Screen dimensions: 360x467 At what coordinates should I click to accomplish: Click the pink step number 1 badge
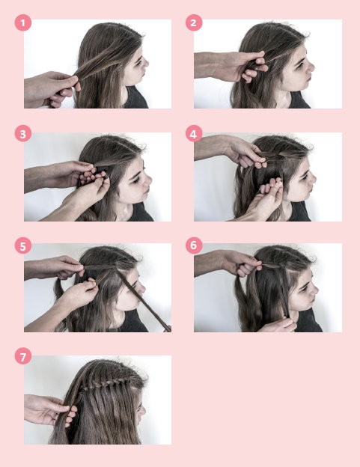click(x=23, y=22)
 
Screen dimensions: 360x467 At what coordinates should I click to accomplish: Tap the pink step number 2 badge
click(x=194, y=22)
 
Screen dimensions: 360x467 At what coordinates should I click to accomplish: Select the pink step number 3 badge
click(x=23, y=134)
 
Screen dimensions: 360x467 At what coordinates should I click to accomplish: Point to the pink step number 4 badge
click(x=194, y=134)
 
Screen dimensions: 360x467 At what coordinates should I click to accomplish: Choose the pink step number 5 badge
click(x=23, y=245)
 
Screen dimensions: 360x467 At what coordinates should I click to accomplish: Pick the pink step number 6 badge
click(x=194, y=245)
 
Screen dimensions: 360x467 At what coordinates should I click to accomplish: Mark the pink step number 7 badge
click(x=23, y=356)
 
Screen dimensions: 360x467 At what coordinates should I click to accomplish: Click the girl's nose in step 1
click(x=146, y=63)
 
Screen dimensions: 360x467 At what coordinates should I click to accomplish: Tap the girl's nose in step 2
click(x=311, y=67)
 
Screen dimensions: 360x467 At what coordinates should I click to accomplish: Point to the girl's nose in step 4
click(x=312, y=178)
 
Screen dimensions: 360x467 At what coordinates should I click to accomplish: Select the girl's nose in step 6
click(x=313, y=289)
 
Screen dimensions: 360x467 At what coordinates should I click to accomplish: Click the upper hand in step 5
click(x=55, y=267)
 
